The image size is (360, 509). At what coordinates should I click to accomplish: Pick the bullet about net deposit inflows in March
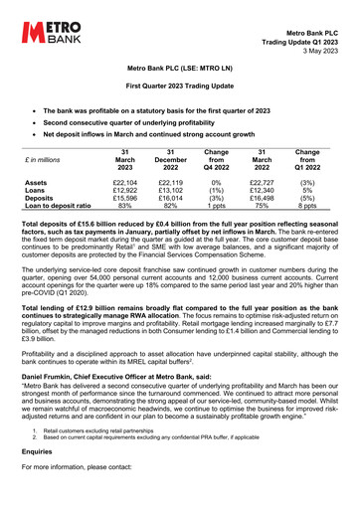pyautogui.click(x=167, y=131)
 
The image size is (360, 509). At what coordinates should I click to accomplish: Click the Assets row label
pyautogui.click(x=37, y=184)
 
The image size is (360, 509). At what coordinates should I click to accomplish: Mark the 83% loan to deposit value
pyautogui.click(x=126, y=208)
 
